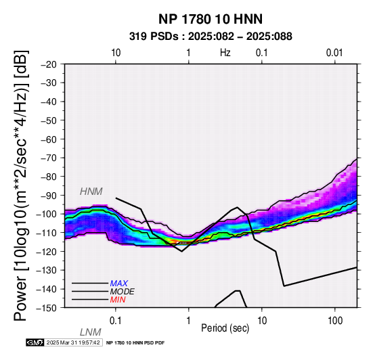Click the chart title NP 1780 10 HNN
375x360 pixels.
(211, 19)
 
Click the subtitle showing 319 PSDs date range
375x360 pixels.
(211, 37)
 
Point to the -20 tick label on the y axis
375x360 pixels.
(48, 64)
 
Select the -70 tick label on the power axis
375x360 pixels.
(48, 158)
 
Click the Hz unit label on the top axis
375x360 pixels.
(225, 53)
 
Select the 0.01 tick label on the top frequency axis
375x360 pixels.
(334, 53)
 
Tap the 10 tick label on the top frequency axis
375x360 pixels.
(116, 53)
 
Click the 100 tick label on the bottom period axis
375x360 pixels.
(335, 321)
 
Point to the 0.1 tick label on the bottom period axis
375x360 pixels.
(116, 321)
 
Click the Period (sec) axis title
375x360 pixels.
(225, 328)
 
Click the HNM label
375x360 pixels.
(91, 192)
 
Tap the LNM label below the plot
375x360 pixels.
(91, 332)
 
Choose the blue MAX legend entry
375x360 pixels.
(119, 284)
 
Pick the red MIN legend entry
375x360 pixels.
(118, 300)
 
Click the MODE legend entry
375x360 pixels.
(123, 292)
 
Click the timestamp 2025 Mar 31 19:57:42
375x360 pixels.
(73, 342)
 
